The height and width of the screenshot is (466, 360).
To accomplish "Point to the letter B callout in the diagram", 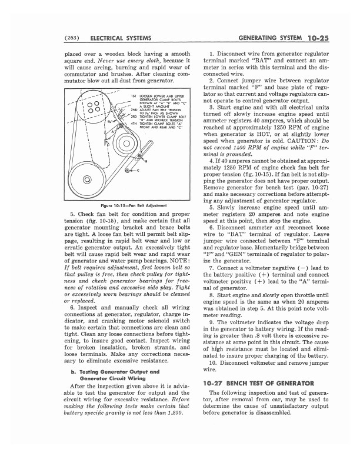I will pyautogui.click(x=139, y=160).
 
